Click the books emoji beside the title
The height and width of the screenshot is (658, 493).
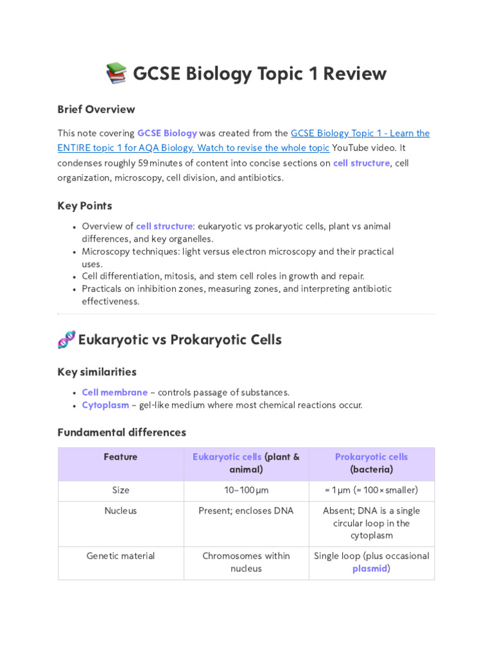(116, 74)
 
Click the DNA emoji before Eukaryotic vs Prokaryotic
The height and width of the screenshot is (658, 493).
(66, 339)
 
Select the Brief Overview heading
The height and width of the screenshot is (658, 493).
(96, 109)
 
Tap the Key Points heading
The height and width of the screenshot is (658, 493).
(85, 206)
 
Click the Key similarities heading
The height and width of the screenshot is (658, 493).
(97, 372)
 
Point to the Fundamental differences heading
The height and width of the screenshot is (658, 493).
(121, 432)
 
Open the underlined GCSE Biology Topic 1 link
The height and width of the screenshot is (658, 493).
(359, 134)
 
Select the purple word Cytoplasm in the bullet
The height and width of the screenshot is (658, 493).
(105, 405)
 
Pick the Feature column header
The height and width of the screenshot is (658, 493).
(121, 457)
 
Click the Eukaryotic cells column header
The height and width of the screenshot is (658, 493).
(227, 457)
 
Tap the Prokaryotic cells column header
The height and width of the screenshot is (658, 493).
(371, 457)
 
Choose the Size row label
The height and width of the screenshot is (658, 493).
(121, 490)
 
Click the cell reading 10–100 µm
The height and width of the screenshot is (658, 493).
(246, 490)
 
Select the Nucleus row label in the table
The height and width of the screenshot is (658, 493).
(121, 511)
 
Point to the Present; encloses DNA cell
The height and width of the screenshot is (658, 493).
(246, 511)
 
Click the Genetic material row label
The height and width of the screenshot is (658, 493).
(121, 556)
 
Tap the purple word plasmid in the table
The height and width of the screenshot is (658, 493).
(370, 569)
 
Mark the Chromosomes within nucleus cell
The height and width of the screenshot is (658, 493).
(246, 562)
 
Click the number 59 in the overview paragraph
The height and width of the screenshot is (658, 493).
(143, 163)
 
